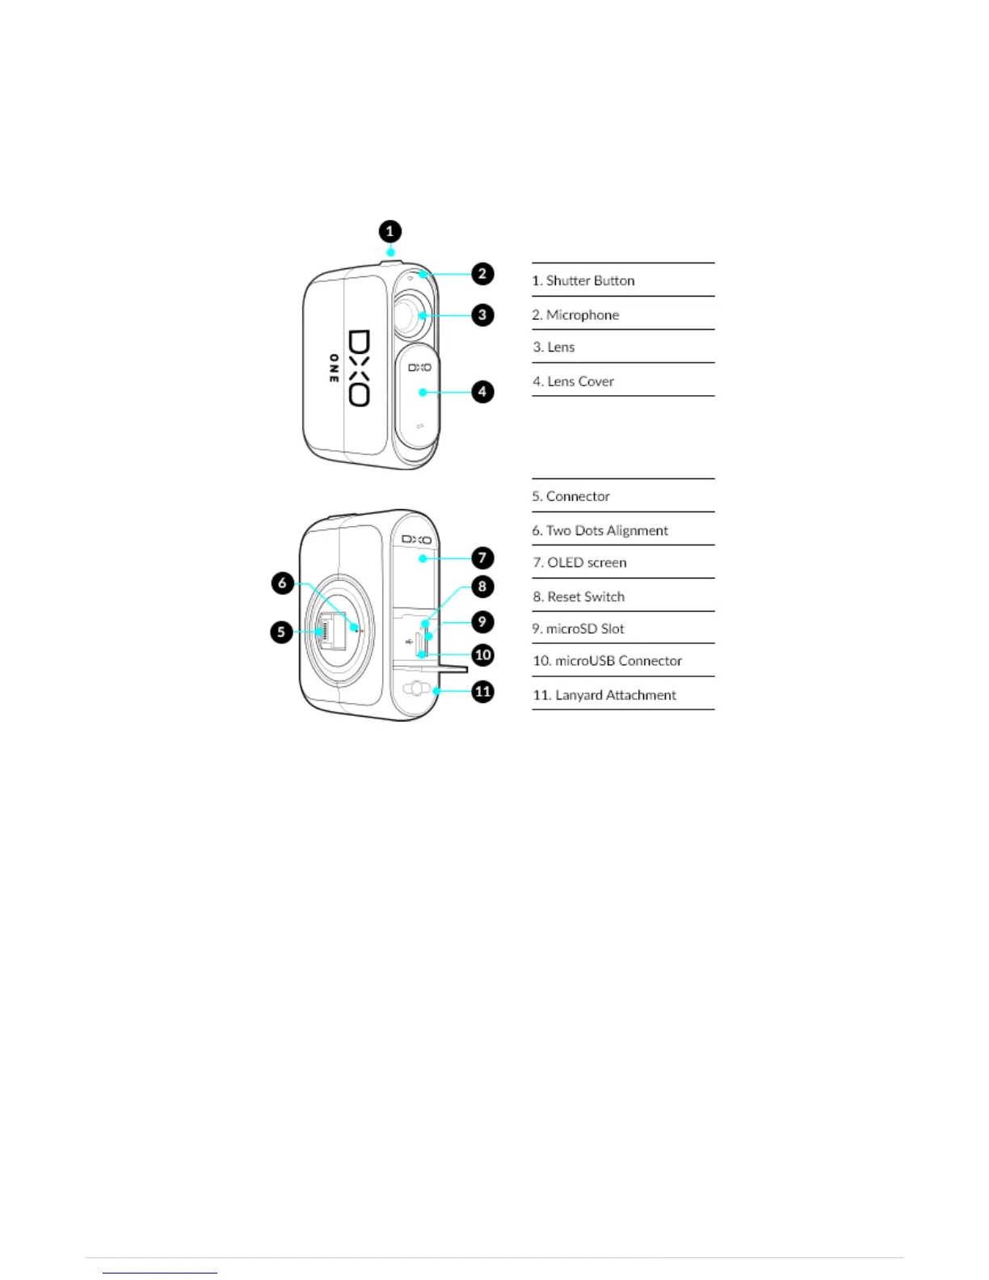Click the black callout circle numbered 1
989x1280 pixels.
389,232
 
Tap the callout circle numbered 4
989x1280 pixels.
482,392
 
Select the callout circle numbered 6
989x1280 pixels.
282,583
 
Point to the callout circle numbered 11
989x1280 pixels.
482,692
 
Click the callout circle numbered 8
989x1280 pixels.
482,587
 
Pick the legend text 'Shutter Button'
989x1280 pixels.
583,280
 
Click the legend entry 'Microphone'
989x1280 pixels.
575,314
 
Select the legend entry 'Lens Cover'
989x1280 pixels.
573,381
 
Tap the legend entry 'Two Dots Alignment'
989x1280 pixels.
600,530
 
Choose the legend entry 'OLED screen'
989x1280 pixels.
579,562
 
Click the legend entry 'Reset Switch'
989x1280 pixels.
579,596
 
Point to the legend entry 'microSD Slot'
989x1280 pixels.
578,628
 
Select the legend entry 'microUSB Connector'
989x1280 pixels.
607,660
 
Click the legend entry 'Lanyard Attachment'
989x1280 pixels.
604,695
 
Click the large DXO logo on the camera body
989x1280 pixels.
359,368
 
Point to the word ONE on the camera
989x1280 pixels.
333,368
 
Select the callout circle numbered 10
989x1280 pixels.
482,655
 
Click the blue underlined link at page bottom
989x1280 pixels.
160,1273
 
